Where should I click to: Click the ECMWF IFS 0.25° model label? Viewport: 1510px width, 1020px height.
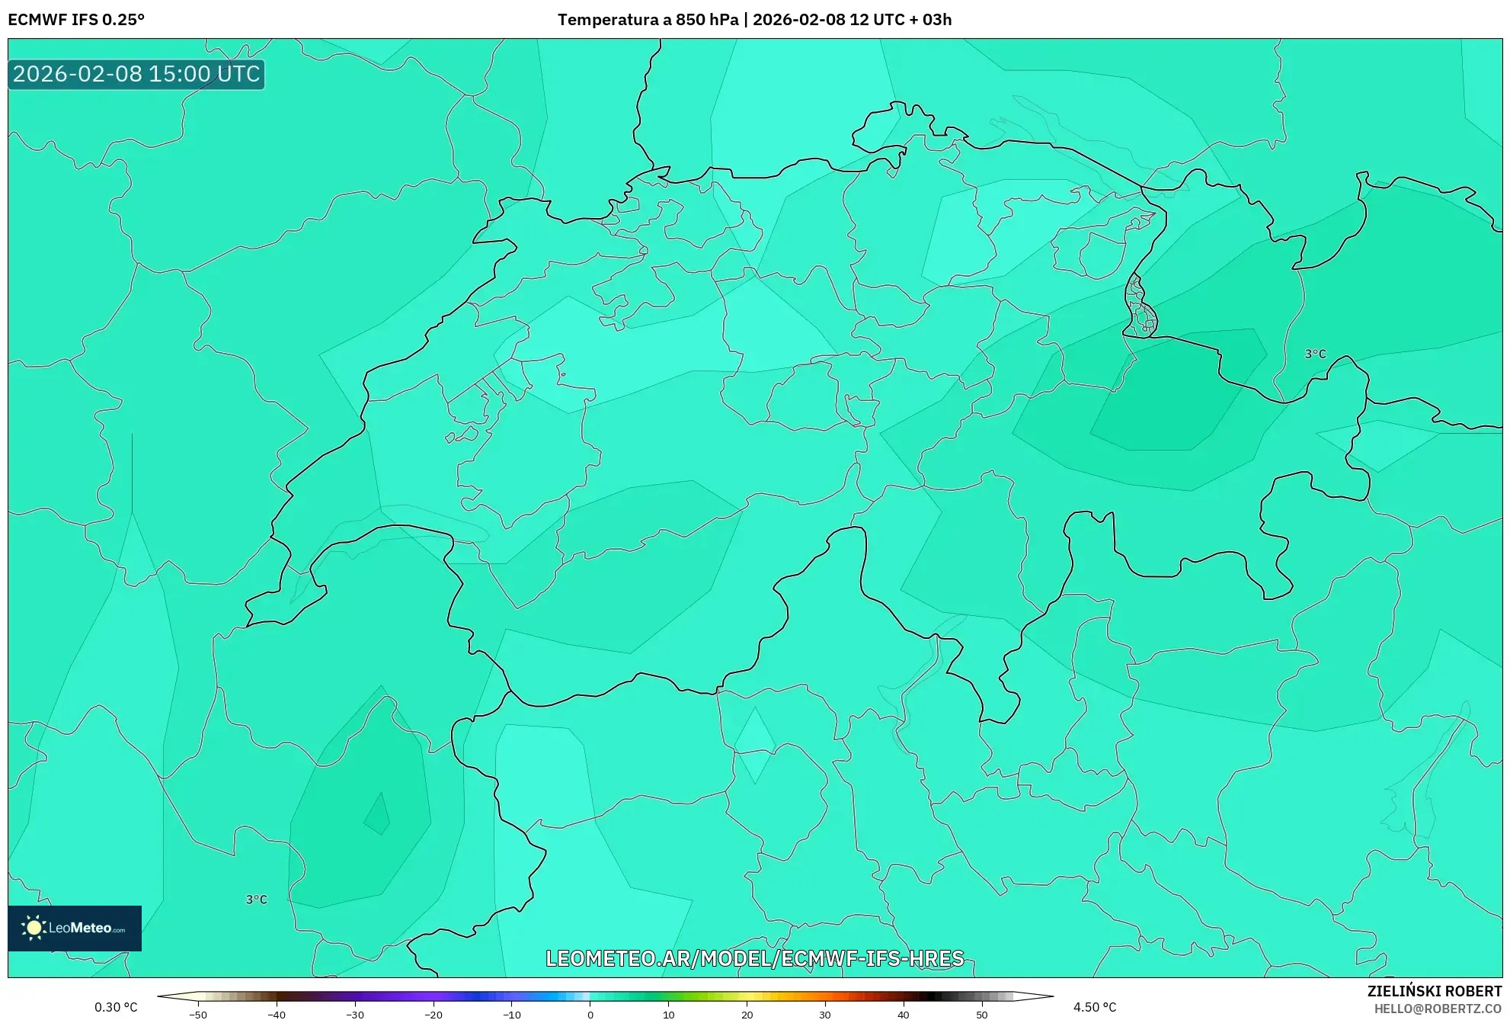coord(76,20)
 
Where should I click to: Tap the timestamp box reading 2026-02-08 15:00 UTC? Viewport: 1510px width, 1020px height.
coord(136,75)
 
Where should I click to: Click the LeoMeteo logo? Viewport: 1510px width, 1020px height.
coord(75,928)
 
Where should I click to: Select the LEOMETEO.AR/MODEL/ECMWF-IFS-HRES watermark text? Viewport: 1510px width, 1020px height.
coord(755,958)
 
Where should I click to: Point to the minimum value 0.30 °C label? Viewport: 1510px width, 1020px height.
coord(116,1007)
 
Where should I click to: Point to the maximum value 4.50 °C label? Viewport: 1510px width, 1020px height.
coord(1095,1007)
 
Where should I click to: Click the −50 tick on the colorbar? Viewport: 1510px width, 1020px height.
coord(198,1014)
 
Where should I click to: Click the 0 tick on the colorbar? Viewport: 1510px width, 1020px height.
coord(590,1014)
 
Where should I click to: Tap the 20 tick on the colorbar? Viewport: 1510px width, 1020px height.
coord(747,1014)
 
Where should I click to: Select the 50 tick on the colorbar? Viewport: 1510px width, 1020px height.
coord(982,1014)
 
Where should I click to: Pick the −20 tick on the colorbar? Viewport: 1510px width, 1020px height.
coord(433,1014)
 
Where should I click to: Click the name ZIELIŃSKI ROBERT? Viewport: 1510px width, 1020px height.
coord(1435,991)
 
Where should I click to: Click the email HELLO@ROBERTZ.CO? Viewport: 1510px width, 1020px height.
coord(1438,1009)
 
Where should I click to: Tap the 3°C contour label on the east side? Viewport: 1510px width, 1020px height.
coord(1316,354)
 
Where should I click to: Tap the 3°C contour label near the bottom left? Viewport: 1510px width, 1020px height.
coord(257,900)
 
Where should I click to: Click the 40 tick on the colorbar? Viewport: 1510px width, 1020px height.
coord(904,1014)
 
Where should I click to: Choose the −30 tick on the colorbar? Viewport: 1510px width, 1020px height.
coord(355,1014)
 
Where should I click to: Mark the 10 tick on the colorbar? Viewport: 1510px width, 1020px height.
coord(669,1014)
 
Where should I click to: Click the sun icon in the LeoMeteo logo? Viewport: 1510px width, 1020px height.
coord(34,927)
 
